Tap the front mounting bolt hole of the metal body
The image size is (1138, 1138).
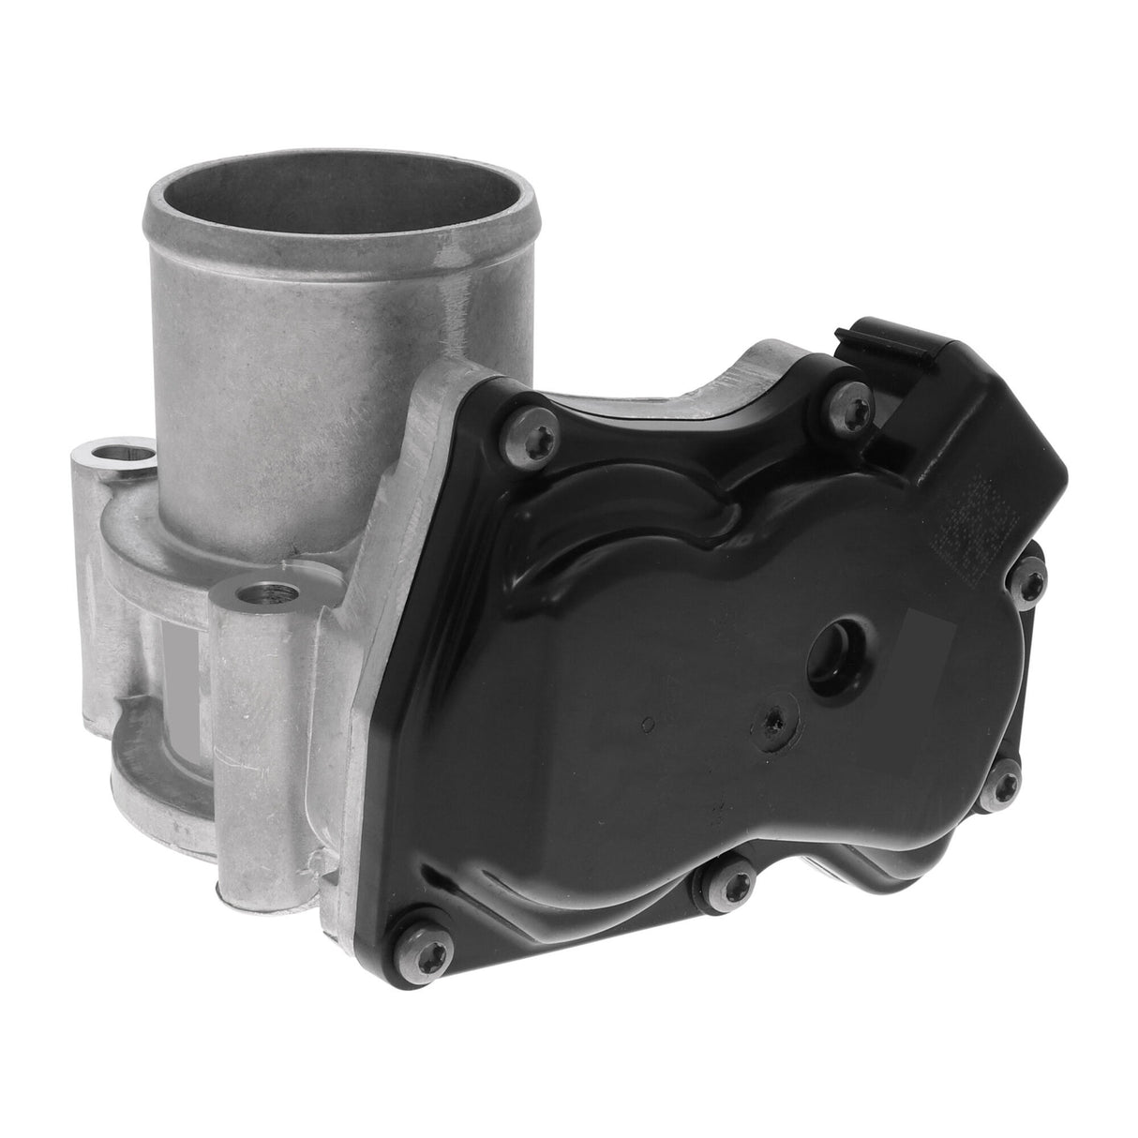(258, 594)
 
